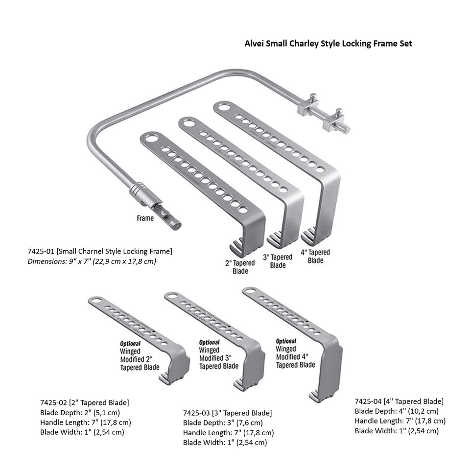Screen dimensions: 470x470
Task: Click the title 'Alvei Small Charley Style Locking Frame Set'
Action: coord(328,43)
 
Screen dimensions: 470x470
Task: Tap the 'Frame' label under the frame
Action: coord(145,218)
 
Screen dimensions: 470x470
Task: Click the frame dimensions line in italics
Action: coord(92,261)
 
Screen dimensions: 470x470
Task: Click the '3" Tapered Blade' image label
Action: coord(278,261)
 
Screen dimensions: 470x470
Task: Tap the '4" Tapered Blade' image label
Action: coord(315,256)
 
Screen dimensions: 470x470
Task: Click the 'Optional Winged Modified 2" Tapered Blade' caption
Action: coord(140,355)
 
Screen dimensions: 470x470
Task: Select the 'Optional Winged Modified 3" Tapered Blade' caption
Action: coord(218,355)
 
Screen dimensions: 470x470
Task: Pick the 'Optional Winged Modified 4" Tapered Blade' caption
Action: coord(295,353)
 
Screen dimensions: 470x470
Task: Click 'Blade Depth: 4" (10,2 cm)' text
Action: coord(397,411)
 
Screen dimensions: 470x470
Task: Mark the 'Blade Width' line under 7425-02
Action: coord(82,432)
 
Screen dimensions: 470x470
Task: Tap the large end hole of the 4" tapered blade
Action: coord(224,107)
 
